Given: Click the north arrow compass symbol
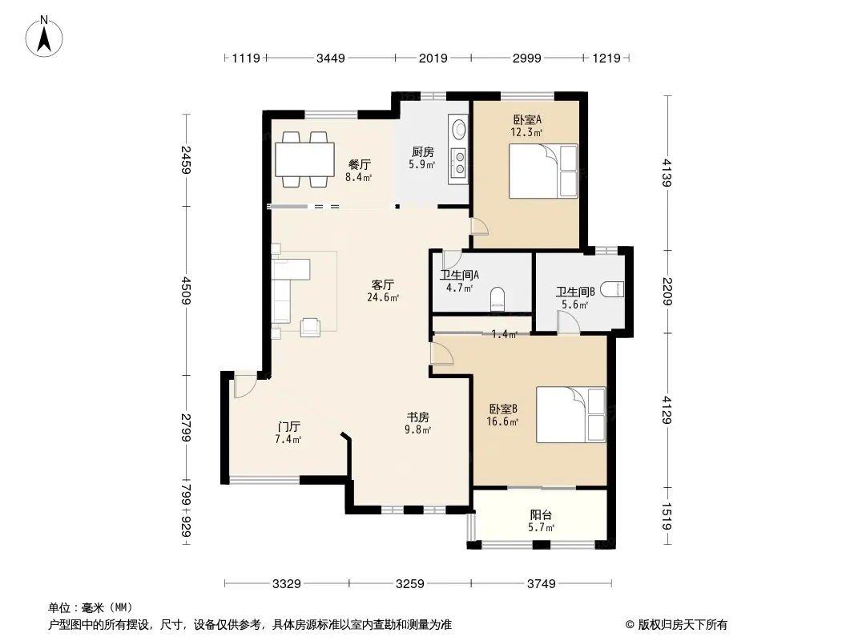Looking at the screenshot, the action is (x=44, y=36).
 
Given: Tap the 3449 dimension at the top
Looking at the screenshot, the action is (x=331, y=58).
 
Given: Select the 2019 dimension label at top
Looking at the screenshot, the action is (x=433, y=58).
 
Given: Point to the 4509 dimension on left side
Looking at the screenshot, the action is (x=187, y=291).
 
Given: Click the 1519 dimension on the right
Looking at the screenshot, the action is (x=667, y=516).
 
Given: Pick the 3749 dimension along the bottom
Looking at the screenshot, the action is (x=542, y=584).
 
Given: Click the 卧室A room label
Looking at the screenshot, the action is (x=526, y=119).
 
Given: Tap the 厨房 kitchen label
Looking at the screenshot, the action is (x=423, y=152).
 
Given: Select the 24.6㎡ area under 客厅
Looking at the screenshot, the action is (x=383, y=297).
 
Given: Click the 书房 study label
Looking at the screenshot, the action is (x=417, y=417).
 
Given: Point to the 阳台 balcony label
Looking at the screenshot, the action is (x=541, y=514).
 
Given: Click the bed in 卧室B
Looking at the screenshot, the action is (x=570, y=414).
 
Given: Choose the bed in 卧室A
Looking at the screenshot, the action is (x=543, y=171).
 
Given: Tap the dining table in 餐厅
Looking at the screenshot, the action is (x=304, y=159).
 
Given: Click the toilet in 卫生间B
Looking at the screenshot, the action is (x=612, y=289).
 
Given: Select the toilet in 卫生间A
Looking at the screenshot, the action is (x=497, y=298).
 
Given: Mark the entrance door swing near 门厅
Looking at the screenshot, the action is (x=245, y=386).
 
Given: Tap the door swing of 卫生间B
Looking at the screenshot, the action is (x=567, y=322).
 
